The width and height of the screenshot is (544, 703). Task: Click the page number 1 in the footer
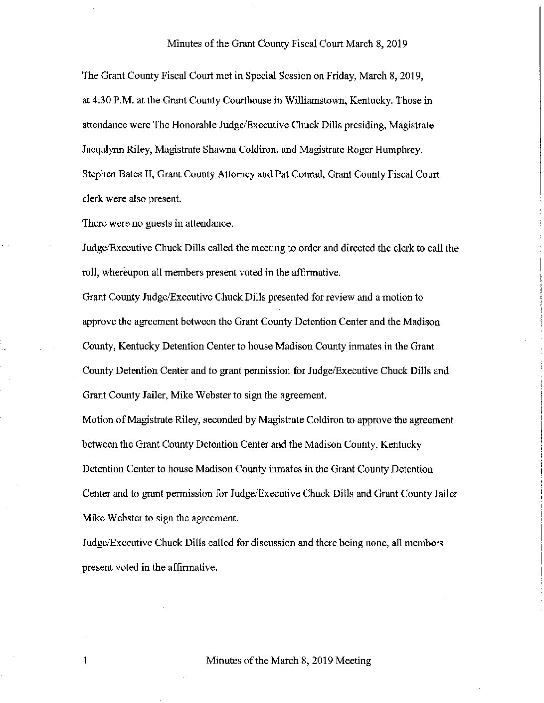[85, 661]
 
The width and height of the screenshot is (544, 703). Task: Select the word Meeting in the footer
[353, 661]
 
